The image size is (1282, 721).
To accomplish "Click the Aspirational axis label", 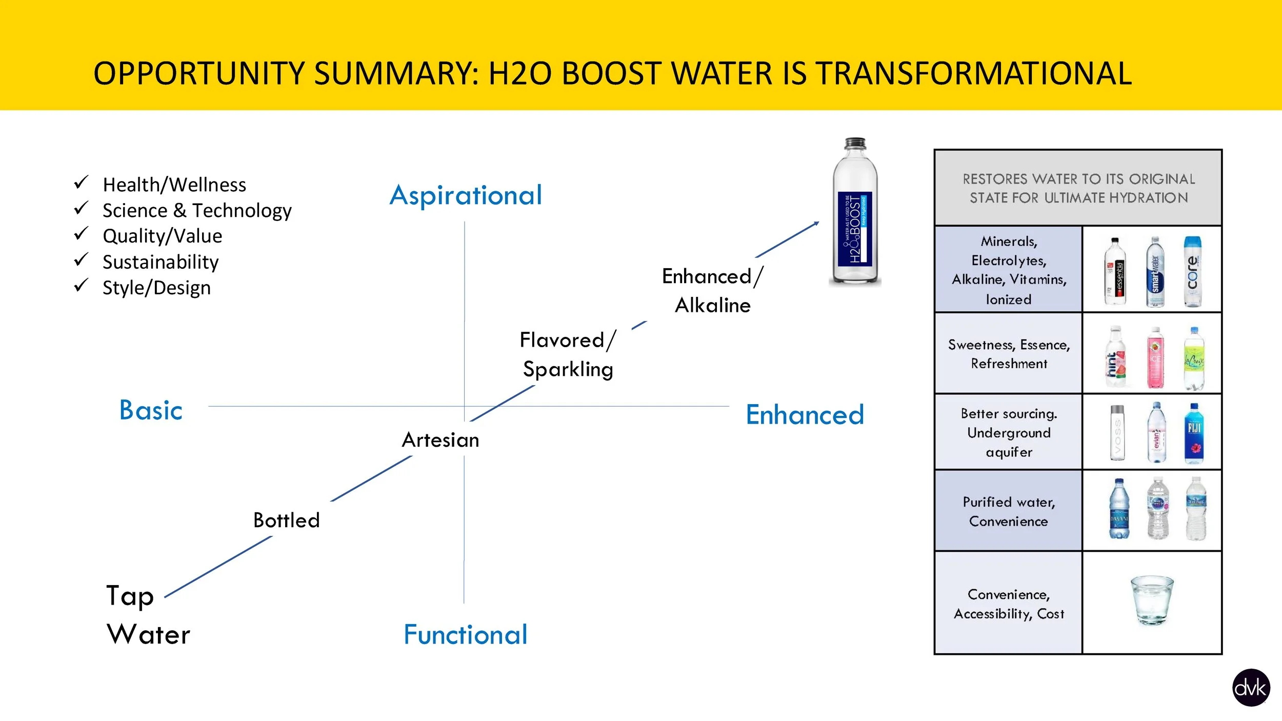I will pyautogui.click(x=466, y=195).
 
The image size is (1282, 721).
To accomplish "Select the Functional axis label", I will pyautogui.click(x=465, y=635).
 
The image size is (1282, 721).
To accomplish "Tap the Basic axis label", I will pyautogui.click(x=151, y=410).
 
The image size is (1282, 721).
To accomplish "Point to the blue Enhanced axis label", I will pyautogui.click(x=805, y=415).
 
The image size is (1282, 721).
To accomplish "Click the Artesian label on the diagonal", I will pyautogui.click(x=440, y=440).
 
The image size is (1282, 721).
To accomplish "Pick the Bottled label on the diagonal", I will pyautogui.click(x=286, y=520).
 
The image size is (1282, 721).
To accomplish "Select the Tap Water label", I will pyautogui.click(x=148, y=615).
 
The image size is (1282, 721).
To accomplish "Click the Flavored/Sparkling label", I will pyautogui.click(x=568, y=354).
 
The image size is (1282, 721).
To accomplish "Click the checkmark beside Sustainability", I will pyautogui.click(x=81, y=260).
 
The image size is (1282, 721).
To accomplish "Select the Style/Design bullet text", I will pyautogui.click(x=156, y=288).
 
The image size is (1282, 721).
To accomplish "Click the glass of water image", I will pyautogui.click(x=1152, y=599).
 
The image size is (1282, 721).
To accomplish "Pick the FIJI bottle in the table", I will pyautogui.click(x=1194, y=434).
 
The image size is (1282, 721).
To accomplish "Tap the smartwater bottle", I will pyautogui.click(x=1155, y=272).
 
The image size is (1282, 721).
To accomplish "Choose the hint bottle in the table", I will pyautogui.click(x=1115, y=357).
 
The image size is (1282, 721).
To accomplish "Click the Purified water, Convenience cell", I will pyautogui.click(x=1008, y=511).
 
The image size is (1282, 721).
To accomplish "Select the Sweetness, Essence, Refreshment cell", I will pyautogui.click(x=1008, y=354).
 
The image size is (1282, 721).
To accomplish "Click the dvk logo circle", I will pyautogui.click(x=1251, y=688).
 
